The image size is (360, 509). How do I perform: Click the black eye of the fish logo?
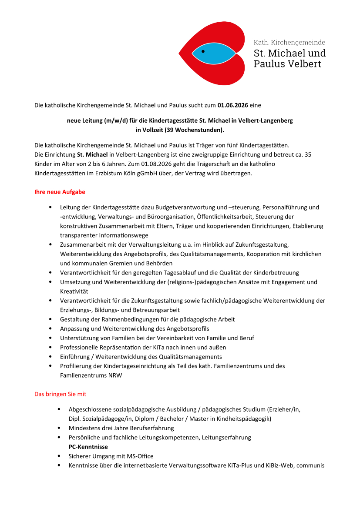(x=203, y=51)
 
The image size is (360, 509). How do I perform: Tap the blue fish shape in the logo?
(x=215, y=54)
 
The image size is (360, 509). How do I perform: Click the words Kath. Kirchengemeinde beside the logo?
(x=289, y=42)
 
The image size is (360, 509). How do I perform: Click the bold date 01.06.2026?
(x=232, y=105)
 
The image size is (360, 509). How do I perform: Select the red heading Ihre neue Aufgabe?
(x=60, y=192)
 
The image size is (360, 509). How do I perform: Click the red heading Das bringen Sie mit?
(x=60, y=394)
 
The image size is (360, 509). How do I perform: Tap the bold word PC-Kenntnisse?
(x=88, y=447)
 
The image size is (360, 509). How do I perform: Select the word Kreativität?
(x=74, y=291)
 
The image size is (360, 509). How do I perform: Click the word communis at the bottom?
(x=310, y=465)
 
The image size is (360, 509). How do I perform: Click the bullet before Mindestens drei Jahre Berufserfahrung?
(x=59, y=428)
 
